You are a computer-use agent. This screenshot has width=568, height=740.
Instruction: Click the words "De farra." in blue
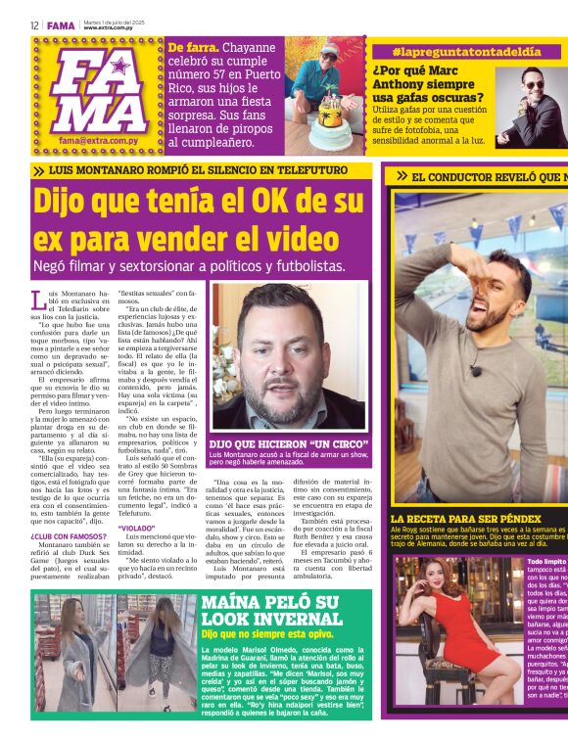(194, 48)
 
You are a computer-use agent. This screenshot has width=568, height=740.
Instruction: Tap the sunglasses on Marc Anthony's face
(534, 85)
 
